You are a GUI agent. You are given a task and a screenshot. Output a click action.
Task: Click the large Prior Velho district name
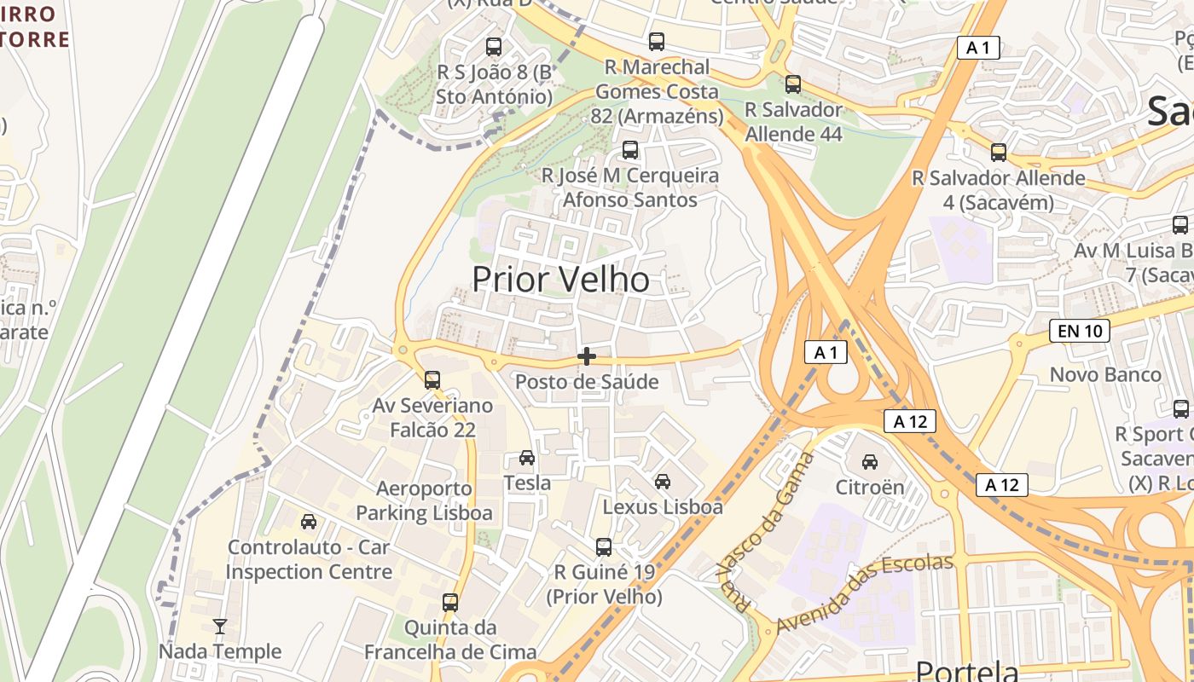click(x=560, y=280)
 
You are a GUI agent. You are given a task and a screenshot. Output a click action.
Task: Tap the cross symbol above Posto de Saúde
click(x=587, y=356)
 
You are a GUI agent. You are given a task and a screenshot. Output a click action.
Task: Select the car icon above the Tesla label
click(x=527, y=458)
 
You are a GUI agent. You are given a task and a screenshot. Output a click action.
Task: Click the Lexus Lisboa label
click(x=663, y=507)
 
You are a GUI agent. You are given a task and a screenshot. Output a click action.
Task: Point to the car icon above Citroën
click(x=869, y=462)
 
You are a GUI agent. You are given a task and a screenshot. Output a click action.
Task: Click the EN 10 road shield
click(x=1079, y=331)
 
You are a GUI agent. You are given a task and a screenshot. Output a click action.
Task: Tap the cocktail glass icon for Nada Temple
click(x=220, y=627)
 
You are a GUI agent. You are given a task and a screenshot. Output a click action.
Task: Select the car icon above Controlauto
click(x=309, y=521)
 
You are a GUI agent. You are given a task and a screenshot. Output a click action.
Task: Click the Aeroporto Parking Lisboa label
click(x=424, y=501)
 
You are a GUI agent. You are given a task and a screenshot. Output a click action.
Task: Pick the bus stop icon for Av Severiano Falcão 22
click(x=432, y=379)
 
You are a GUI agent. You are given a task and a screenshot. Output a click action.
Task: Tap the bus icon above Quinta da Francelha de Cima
click(x=450, y=602)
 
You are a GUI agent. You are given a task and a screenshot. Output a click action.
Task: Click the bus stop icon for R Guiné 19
click(x=604, y=546)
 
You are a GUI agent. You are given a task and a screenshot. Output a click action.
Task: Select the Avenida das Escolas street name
click(x=863, y=593)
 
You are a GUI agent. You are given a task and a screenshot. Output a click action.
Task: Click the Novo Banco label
click(x=1105, y=374)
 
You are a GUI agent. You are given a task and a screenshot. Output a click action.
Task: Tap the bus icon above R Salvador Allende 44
click(x=793, y=84)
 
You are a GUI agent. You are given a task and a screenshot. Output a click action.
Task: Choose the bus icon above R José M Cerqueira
click(x=630, y=150)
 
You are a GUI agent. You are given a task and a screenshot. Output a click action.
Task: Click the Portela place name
click(x=966, y=670)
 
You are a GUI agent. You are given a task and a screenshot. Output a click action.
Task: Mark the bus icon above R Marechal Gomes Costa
click(x=656, y=41)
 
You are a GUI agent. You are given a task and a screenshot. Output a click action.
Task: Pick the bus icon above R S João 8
click(x=494, y=47)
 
